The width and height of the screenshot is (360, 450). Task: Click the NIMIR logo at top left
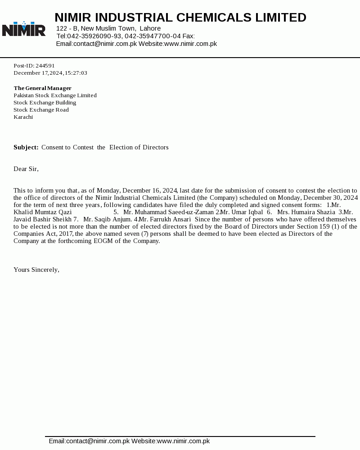tap(24, 29)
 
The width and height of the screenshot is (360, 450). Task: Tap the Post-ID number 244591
tap(45, 66)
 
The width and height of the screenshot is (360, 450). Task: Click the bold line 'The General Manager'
tap(42, 88)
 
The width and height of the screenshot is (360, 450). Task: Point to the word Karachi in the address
tap(23, 117)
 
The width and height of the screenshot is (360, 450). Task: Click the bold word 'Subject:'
tap(26, 147)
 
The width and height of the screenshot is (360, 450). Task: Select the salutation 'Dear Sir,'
tap(26, 169)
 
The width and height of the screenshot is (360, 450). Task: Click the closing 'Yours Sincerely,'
tap(36, 270)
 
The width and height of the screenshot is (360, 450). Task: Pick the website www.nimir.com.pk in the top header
tap(190, 44)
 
